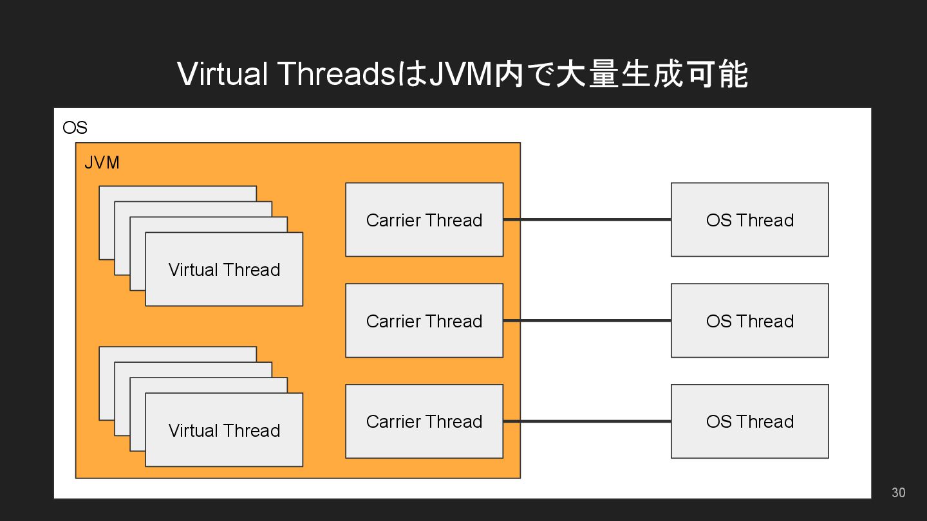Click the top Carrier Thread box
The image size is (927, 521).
click(x=424, y=219)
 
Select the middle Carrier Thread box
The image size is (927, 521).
click(x=424, y=320)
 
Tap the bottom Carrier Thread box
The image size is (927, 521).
click(x=424, y=421)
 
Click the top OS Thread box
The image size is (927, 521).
click(x=750, y=219)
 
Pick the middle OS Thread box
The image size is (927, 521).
click(x=750, y=320)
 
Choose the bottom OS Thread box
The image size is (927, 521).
click(x=750, y=421)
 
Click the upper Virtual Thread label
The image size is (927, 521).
click(x=224, y=270)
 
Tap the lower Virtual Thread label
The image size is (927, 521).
click(x=224, y=430)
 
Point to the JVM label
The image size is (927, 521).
click(x=102, y=163)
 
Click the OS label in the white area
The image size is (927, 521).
click(x=75, y=127)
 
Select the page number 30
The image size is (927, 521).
click(x=899, y=493)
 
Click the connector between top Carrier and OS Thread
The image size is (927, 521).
click(x=587, y=219)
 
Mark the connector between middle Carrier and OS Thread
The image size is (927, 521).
click(x=587, y=320)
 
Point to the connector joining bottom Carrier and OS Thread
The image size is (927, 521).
click(x=587, y=421)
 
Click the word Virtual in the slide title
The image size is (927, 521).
click(x=222, y=73)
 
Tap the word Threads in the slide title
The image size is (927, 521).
click(x=337, y=73)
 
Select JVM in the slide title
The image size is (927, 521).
click(x=460, y=73)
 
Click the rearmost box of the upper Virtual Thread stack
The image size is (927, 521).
click(x=178, y=194)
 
